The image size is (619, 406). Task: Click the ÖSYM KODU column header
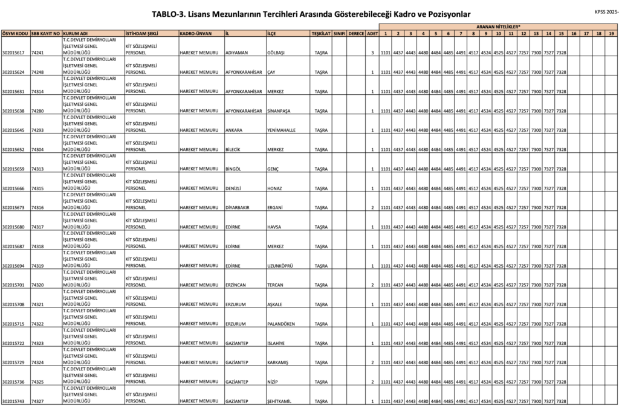pos(15,33)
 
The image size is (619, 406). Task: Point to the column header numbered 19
pos(611,33)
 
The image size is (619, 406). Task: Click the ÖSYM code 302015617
pos(13,53)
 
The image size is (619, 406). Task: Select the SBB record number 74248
pos(37,72)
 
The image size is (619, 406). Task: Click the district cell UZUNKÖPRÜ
pos(280,266)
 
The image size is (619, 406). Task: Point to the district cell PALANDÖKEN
pos(281,324)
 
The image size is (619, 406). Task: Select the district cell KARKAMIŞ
pos(279,362)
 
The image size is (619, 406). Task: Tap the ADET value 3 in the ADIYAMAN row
pos(372,53)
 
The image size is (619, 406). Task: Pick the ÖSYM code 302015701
pos(13,285)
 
